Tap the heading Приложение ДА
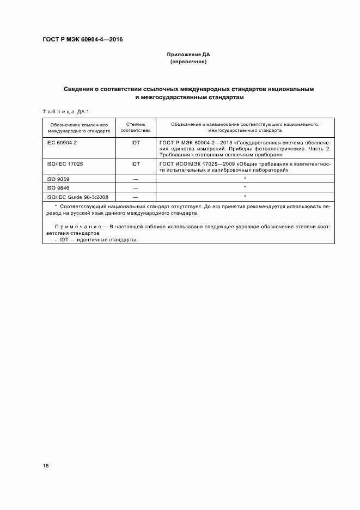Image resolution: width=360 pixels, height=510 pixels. point(188,55)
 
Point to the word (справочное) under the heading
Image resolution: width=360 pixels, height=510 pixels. point(188,62)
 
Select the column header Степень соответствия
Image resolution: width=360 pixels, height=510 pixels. point(136,127)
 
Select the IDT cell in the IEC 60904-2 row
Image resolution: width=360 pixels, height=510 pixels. point(136,142)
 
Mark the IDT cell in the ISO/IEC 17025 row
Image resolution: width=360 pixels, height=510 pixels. point(136,163)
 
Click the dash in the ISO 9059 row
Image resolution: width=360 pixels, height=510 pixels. point(136,179)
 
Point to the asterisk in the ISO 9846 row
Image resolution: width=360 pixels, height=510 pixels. point(245,187)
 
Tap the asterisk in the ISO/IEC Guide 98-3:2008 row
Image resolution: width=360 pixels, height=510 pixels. point(245,196)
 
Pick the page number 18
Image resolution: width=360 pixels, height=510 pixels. point(46,466)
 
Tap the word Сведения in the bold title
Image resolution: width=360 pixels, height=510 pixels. point(80,89)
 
